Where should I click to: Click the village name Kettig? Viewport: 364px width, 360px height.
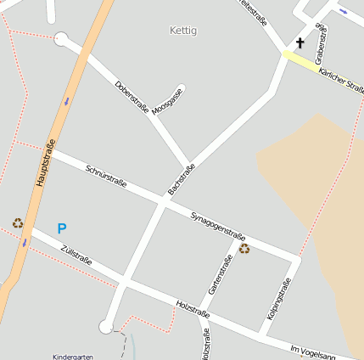[183, 31]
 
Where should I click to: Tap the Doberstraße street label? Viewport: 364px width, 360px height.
[132, 98]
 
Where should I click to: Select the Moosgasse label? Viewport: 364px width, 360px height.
[168, 100]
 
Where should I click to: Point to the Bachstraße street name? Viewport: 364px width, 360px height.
[182, 179]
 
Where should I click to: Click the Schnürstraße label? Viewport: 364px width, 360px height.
[106, 176]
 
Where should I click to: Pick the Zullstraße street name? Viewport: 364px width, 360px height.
[76, 254]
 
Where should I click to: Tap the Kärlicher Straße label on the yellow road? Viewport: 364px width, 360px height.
[342, 82]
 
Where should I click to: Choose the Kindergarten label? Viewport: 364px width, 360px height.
[72, 357]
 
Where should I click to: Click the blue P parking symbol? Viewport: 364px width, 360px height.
[61, 228]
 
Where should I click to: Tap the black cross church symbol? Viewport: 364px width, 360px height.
[300, 42]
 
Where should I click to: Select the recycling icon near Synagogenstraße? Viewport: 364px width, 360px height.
[244, 249]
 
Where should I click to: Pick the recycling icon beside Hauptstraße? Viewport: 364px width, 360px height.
[18, 223]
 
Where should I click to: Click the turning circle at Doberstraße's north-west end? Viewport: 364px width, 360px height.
[60, 38]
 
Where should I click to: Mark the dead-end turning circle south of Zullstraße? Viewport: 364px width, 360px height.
[105, 327]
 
